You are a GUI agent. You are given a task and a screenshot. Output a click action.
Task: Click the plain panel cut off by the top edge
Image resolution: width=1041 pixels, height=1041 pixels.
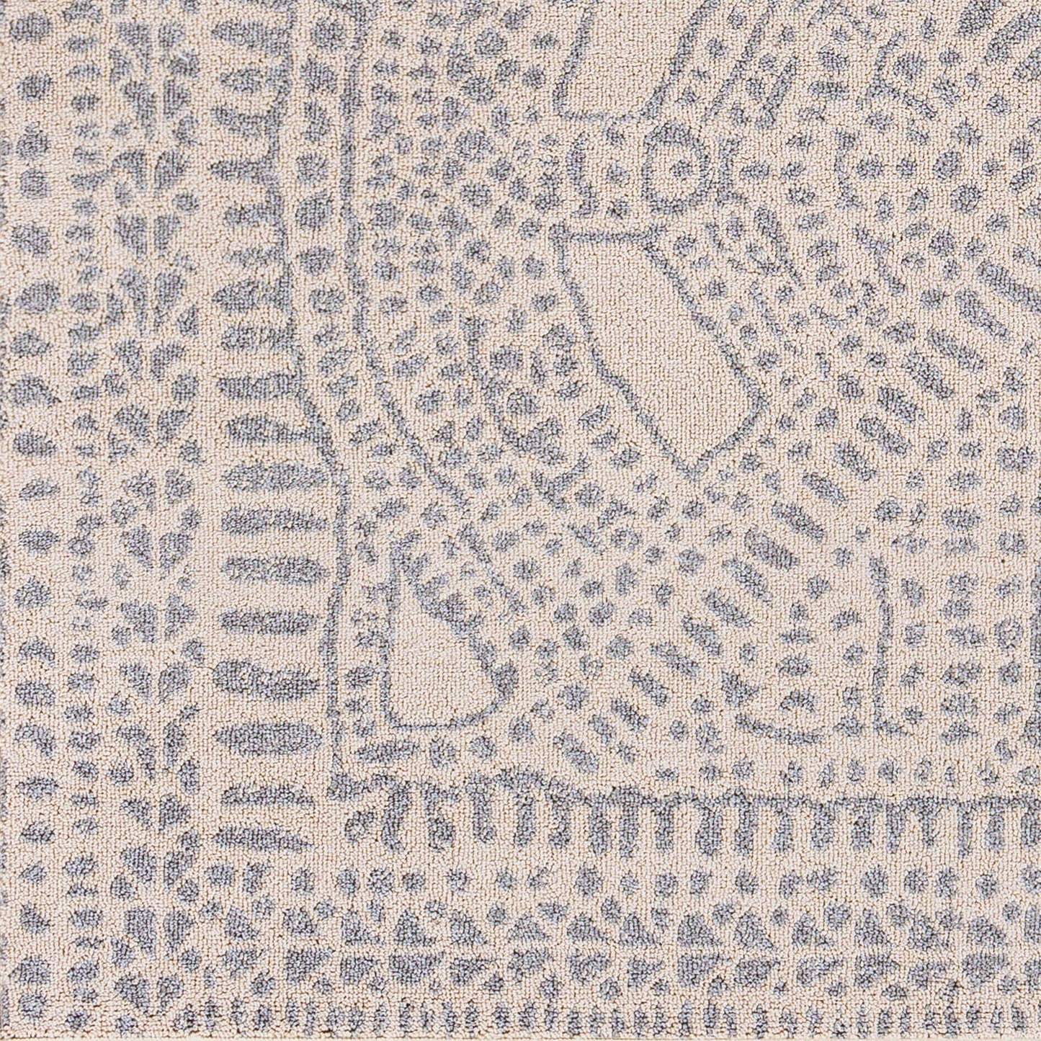620,58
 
